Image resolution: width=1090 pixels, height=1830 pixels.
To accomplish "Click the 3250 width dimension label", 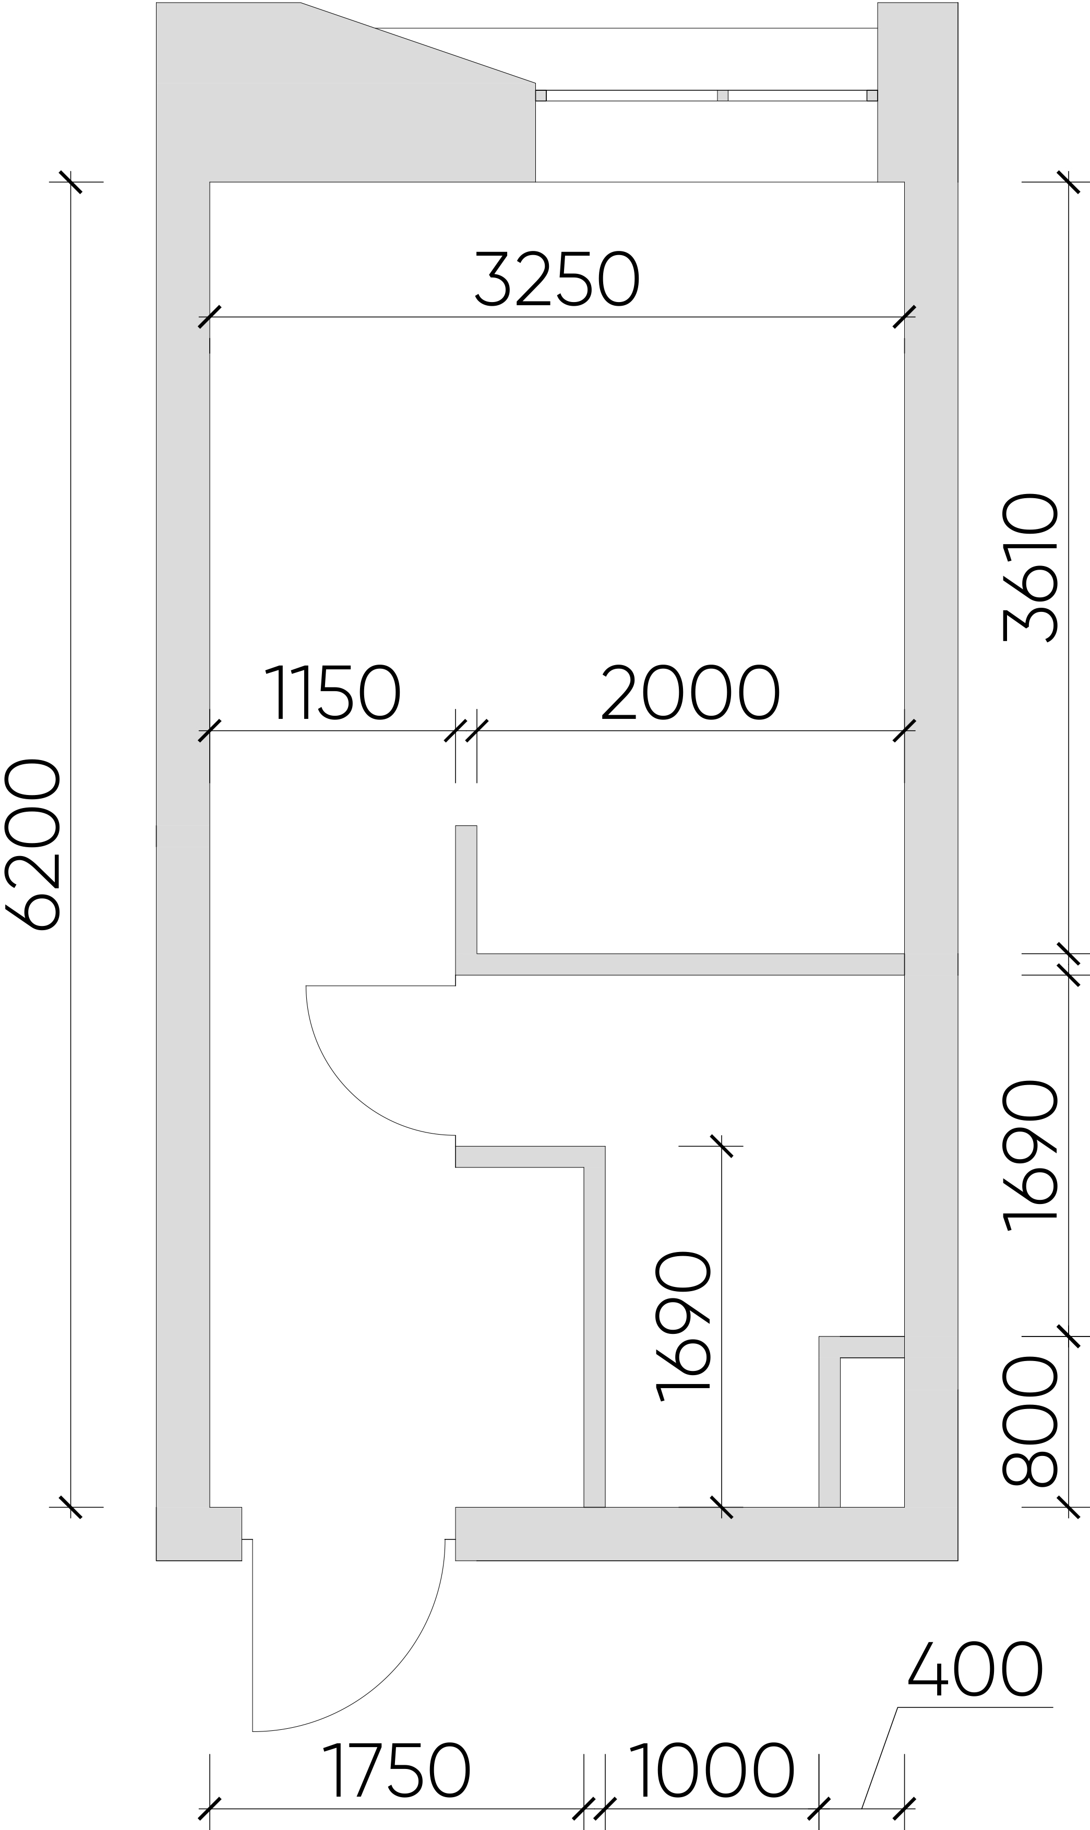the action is (557, 279).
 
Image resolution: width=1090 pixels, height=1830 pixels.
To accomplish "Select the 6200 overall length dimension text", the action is (32, 845).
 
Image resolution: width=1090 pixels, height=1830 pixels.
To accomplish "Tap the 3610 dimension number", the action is (1030, 568).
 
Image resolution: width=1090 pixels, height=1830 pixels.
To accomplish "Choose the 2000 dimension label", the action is (690, 692).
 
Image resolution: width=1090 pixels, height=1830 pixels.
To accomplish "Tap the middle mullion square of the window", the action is (723, 95).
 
